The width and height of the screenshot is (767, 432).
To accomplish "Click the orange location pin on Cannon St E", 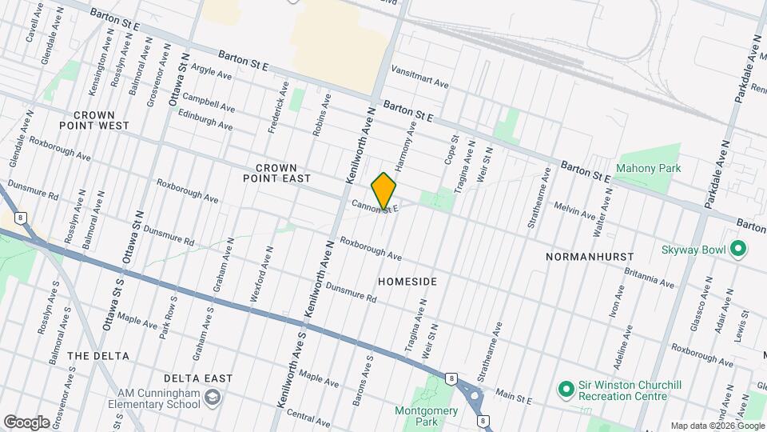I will [384, 190].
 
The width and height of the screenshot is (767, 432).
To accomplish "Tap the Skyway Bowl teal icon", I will [739, 250].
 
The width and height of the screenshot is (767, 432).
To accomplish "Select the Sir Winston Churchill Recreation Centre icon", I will [566, 390].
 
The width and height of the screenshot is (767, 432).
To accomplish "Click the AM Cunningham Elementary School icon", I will [213, 397].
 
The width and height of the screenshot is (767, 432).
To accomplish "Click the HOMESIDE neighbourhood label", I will [407, 282].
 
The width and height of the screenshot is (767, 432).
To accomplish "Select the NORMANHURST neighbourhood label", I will [590, 257].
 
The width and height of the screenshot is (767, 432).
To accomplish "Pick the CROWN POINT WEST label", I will [94, 120].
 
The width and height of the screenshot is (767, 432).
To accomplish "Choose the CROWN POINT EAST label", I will [276, 174].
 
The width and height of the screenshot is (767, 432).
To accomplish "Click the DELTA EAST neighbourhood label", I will [198, 378].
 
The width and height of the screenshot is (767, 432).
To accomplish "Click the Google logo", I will [26, 422].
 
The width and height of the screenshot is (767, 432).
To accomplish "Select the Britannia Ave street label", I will [650, 277].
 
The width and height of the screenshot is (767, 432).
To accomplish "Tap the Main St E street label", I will [512, 395].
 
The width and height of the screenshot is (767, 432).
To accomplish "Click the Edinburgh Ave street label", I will [208, 122].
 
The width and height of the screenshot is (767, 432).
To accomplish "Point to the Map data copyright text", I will [717, 426].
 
